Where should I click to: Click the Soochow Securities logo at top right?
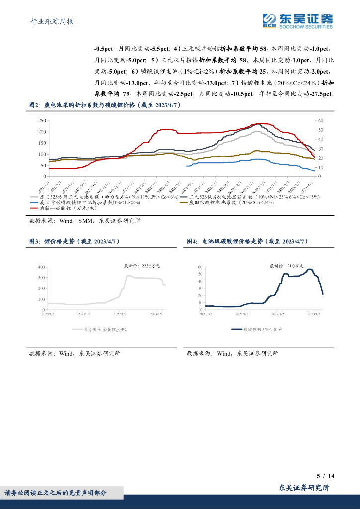297,21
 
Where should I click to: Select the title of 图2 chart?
104,105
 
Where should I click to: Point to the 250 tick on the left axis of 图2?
42,121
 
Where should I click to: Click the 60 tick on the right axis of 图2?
320,121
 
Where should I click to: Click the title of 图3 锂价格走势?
75,241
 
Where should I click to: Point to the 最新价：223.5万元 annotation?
142,266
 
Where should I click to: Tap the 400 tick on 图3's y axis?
41,267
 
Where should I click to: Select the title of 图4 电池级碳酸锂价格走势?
248,241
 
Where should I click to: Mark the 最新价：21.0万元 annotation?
286,266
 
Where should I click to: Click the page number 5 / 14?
326,476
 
